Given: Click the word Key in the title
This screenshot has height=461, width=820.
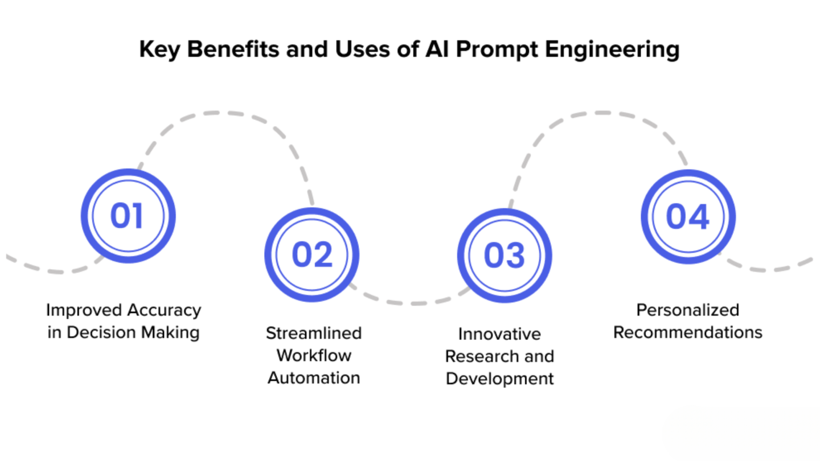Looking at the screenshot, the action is point(159,50).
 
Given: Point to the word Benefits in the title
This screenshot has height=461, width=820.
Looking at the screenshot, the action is point(233,49).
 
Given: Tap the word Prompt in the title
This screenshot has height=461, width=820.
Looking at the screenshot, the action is point(497,50).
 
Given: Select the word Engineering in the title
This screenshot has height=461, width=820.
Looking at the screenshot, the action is point(612,50).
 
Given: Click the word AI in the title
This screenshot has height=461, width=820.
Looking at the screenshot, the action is point(437,49).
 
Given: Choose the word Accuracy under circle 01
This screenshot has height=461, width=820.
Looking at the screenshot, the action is point(164,311).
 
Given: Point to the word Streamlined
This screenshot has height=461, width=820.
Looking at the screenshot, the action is point(314,333).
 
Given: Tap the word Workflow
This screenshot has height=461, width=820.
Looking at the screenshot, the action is point(314,355).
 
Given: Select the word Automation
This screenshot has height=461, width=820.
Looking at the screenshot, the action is point(314,377).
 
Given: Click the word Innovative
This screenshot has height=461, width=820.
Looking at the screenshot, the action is point(500,334).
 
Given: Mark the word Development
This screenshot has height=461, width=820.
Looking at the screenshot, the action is point(500,379).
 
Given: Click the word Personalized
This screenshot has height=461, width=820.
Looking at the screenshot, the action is point(688,310).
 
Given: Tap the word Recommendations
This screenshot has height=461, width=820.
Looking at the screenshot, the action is point(688,332).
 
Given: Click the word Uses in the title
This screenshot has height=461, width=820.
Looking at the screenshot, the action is point(362,49).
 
